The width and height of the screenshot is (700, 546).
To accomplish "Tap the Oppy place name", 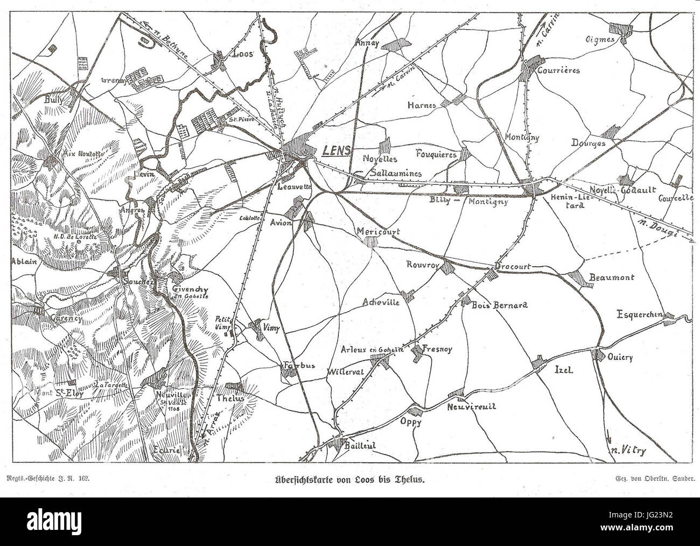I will click(410, 423).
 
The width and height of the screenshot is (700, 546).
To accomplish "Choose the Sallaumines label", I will click(397, 174).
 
